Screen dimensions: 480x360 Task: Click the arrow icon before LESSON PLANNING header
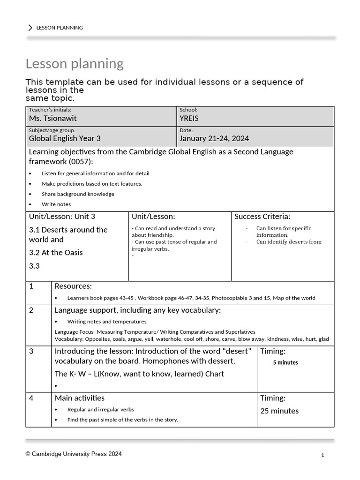pyautogui.click(x=30, y=28)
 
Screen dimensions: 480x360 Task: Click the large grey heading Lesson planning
pyautogui.click(x=75, y=63)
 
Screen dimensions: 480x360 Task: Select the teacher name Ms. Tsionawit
pyautogui.click(x=52, y=119)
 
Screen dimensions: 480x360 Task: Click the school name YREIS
pyautogui.click(x=190, y=119)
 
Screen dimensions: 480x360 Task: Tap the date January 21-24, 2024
pyautogui.click(x=214, y=138)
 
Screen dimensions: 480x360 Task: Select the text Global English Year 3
pyautogui.click(x=65, y=138)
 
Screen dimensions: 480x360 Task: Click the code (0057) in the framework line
pyautogui.click(x=78, y=162)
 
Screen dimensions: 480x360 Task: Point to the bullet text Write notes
pyautogui.click(x=56, y=204)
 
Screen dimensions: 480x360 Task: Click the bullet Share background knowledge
pyautogui.click(x=78, y=194)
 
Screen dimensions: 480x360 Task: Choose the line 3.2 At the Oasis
pyautogui.click(x=56, y=253)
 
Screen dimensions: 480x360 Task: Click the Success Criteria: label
pyautogui.click(x=262, y=217)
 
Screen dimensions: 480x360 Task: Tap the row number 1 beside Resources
pyautogui.click(x=31, y=286)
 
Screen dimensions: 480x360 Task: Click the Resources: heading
pyautogui.click(x=73, y=286)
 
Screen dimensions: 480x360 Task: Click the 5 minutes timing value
pyautogui.click(x=285, y=362)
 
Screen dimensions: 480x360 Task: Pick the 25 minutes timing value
pyautogui.click(x=279, y=411)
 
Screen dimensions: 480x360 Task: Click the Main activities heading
pyautogui.click(x=79, y=398)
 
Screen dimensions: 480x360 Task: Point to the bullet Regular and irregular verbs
pyautogui.click(x=100, y=410)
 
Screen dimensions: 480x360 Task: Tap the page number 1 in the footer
pyautogui.click(x=323, y=455)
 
